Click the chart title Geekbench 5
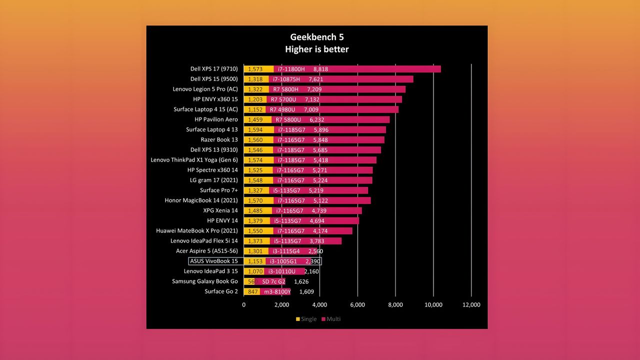click(317, 37)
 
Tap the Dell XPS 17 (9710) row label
click(214, 69)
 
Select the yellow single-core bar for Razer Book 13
click(258, 139)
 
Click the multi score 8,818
click(320, 69)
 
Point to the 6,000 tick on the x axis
click(357, 305)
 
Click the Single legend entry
click(306, 319)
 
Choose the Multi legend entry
click(331, 319)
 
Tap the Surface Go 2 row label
click(221, 291)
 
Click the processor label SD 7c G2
click(273, 281)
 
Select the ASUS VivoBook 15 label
click(213, 261)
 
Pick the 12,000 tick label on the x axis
click(471, 305)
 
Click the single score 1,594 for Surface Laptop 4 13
click(255, 129)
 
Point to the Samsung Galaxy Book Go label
click(205, 281)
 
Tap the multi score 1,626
click(301, 281)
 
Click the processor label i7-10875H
click(286, 79)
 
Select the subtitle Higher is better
click(317, 49)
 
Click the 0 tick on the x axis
click(243, 305)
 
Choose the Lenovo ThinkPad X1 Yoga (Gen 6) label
click(194, 160)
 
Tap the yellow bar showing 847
click(251, 291)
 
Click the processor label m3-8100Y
click(277, 291)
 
